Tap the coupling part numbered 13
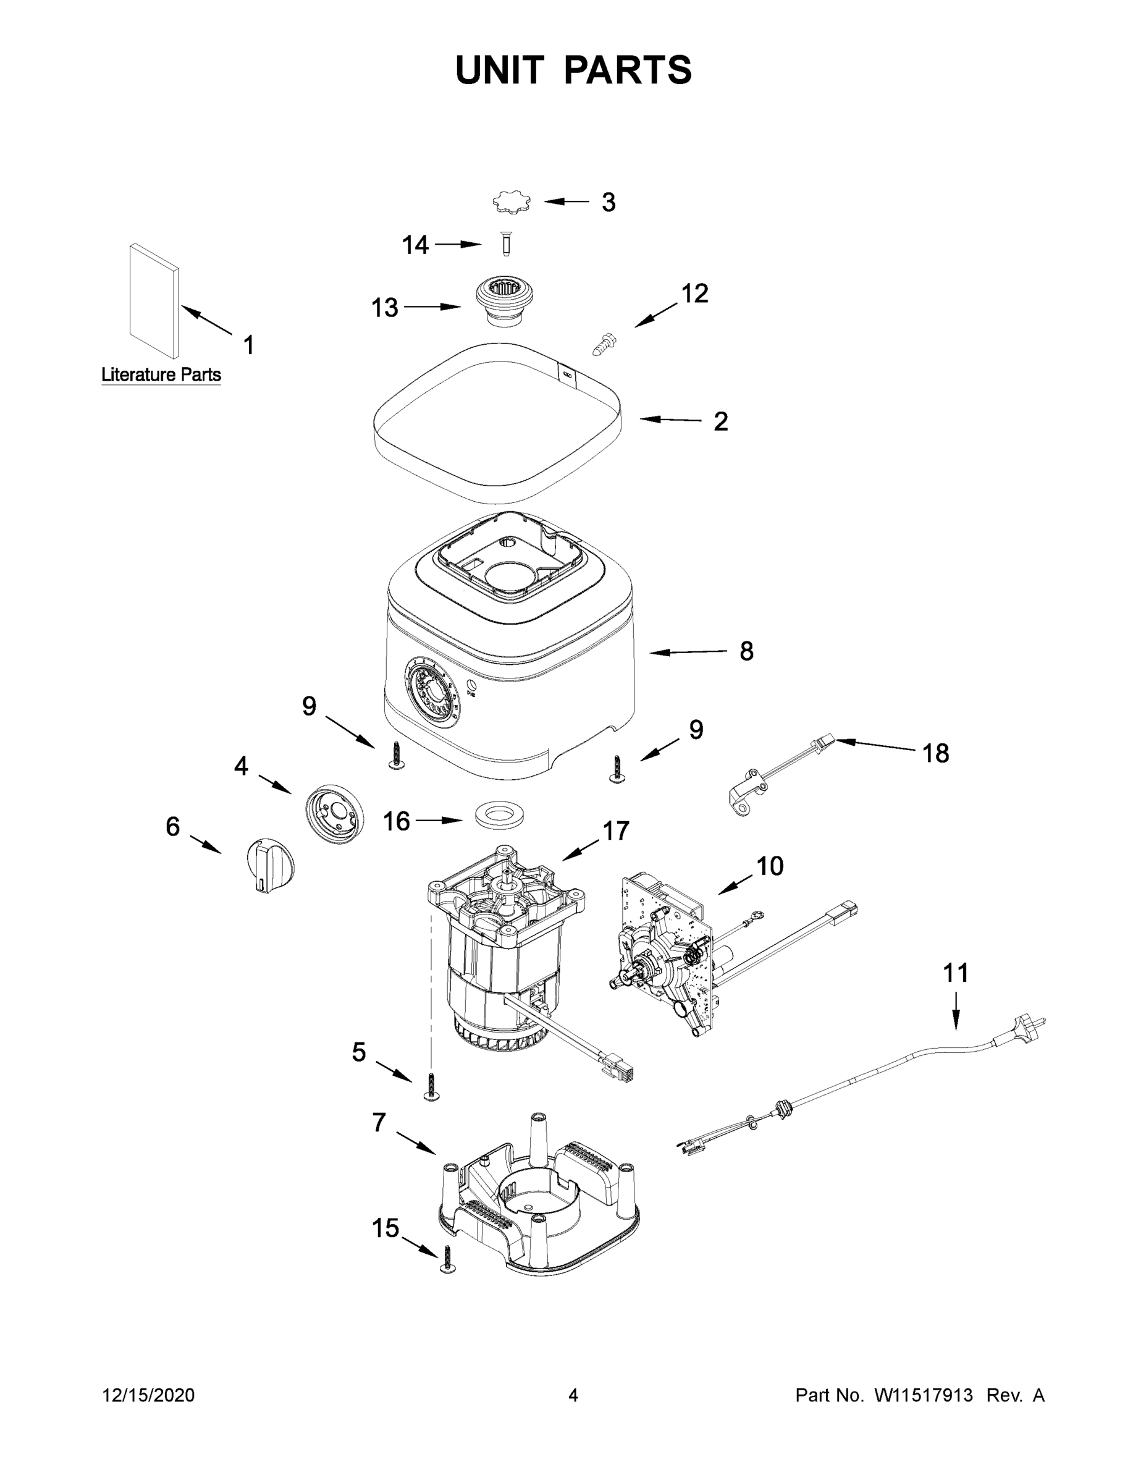503,301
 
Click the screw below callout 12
604,344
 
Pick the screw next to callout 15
447,1259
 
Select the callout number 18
935,753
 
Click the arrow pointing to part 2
670,420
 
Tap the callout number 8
746,651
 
